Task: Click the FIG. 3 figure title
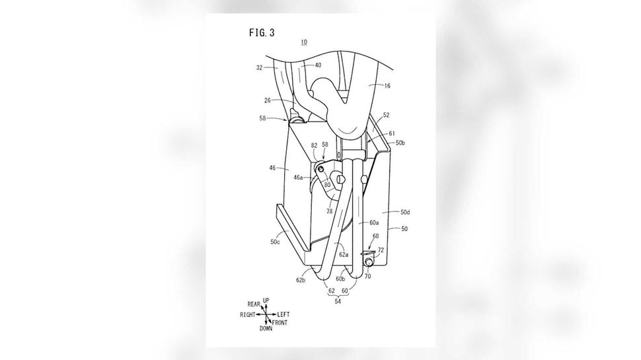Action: [262, 32]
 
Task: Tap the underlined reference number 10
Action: [304, 42]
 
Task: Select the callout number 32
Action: [259, 68]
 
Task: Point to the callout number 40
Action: [318, 65]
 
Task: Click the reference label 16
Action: [387, 86]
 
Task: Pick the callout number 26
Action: [268, 100]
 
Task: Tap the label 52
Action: [386, 115]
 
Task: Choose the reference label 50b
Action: [400, 143]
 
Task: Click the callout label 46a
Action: [299, 177]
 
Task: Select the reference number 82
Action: [315, 145]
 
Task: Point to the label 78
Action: [329, 211]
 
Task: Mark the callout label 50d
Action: [404, 212]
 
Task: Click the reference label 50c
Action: [275, 242]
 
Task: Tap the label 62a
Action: [344, 254]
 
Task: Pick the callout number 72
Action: [381, 250]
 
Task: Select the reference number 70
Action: [367, 276]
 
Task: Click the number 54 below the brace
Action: [338, 302]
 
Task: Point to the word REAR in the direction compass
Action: [254, 305]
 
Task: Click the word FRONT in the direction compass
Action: [280, 323]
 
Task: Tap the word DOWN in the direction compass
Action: [266, 328]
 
